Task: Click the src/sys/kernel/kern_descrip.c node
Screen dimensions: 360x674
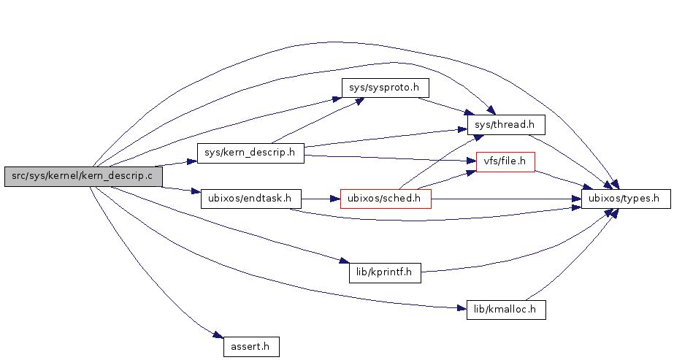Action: tap(83, 176)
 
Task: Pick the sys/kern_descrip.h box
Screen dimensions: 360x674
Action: tap(250, 153)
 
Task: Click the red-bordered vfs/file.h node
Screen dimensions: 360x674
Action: tap(505, 161)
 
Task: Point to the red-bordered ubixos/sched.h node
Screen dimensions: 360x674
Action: tap(386, 198)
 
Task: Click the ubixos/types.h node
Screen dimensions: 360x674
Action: tap(626, 198)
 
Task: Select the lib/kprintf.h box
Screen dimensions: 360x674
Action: tap(385, 273)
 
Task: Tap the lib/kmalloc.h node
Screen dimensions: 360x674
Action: tap(505, 310)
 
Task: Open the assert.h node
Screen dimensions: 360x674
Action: tap(251, 346)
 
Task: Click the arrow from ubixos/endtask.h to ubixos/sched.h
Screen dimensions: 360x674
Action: tap(321, 198)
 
